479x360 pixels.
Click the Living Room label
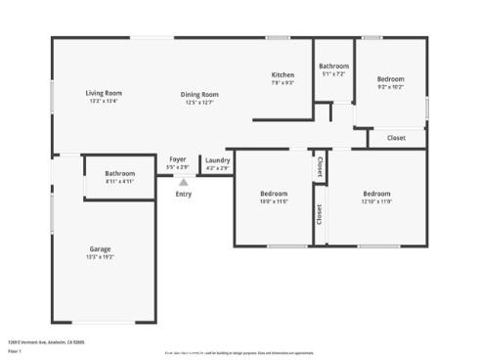point(103,93)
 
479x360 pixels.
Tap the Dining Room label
point(198,94)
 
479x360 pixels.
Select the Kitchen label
point(283,75)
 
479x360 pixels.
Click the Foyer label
point(177,159)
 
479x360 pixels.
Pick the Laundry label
point(217,159)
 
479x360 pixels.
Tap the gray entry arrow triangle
point(183,181)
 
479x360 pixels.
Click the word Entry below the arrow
point(183,194)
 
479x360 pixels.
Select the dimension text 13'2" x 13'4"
point(103,102)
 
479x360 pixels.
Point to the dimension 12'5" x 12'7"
point(198,103)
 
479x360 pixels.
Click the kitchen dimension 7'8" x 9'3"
point(283,83)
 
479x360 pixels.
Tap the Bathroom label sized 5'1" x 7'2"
point(332,67)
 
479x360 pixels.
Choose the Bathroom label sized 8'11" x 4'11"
point(119,173)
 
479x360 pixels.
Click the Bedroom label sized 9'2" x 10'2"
point(390,78)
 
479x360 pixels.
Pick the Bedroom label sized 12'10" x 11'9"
point(376,193)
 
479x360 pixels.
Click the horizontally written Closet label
point(396,138)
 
